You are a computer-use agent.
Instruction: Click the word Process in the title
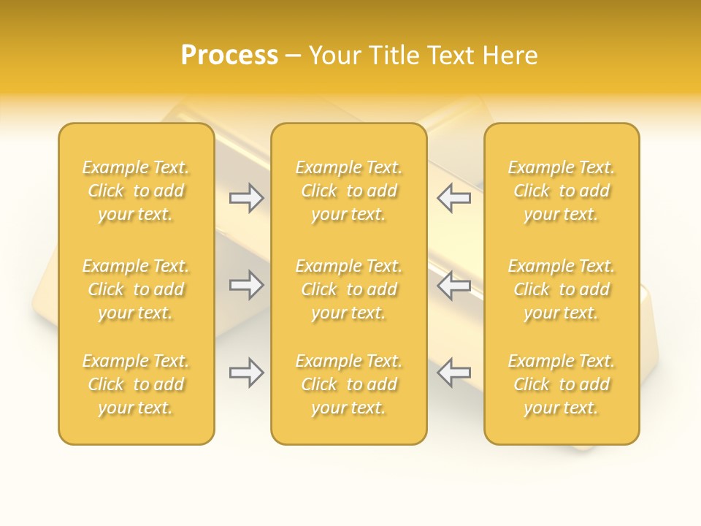229,56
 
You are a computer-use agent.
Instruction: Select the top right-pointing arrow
247,198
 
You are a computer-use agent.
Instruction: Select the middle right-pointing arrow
247,285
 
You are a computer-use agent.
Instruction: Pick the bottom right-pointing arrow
247,373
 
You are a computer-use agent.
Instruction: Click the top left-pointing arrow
453,198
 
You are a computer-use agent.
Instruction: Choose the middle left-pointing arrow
453,285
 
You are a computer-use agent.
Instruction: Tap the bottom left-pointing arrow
453,373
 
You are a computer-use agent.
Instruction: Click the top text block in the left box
136,191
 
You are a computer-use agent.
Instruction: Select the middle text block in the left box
136,289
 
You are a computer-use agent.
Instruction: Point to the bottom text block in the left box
136,384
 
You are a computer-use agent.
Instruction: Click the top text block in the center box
349,191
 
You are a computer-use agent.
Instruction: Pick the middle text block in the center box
349,289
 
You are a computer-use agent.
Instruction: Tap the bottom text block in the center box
349,384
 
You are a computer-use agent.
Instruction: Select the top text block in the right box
562,191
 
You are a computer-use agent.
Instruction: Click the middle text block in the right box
562,289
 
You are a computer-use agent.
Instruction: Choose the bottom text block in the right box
562,384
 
